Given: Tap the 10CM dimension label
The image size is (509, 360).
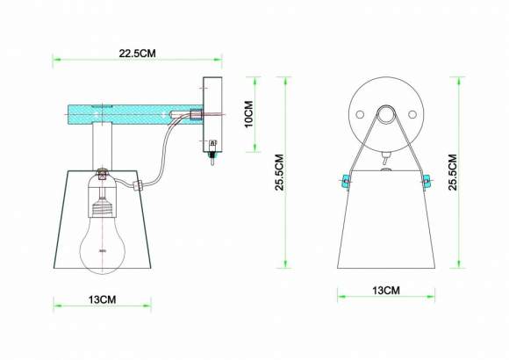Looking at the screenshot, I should coord(248,114).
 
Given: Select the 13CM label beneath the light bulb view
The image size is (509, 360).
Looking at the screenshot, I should coord(103,300).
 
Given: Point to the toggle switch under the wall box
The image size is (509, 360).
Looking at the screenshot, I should coord(212,158).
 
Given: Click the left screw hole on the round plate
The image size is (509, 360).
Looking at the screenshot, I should coord(359,115).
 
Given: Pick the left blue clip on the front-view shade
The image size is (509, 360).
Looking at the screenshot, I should coord(345,181).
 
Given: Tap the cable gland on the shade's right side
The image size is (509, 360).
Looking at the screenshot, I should coord(138,185).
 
